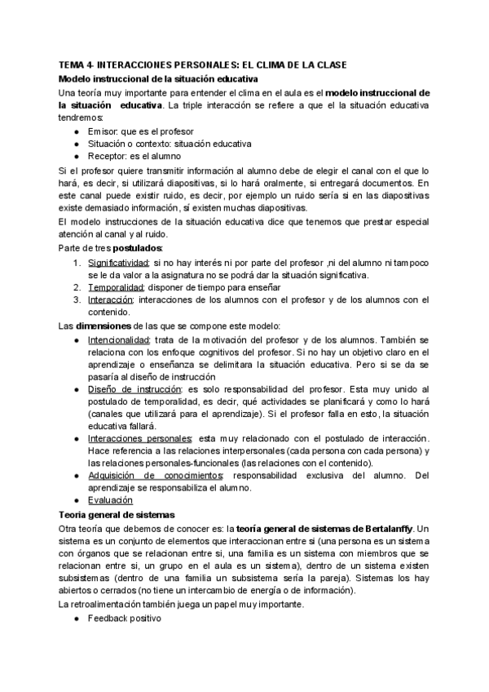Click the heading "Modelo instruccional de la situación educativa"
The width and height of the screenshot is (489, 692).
(159, 78)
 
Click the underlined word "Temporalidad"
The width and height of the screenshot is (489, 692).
(117, 287)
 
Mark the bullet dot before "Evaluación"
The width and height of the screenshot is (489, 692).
(76, 501)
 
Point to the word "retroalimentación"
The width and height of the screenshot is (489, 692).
(110, 605)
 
